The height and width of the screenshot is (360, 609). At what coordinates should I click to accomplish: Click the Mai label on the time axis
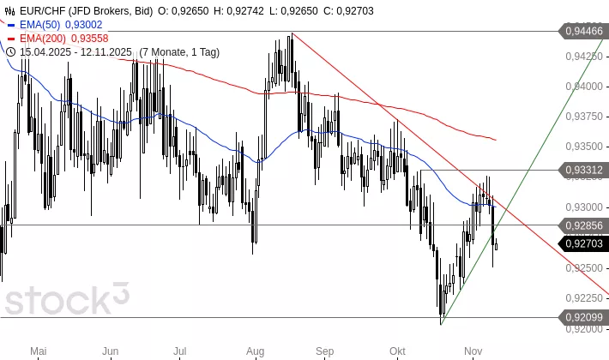point(37,351)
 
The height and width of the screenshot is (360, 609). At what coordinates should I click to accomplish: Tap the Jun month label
point(110,351)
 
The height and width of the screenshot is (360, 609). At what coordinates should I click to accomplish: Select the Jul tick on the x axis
point(180,351)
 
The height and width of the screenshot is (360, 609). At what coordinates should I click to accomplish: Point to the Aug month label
point(255,351)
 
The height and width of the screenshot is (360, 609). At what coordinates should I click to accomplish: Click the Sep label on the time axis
point(324,351)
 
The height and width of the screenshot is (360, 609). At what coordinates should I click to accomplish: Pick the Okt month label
point(396,351)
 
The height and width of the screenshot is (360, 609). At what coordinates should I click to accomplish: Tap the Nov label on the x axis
point(472,351)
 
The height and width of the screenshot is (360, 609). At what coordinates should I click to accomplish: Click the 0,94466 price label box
point(584,31)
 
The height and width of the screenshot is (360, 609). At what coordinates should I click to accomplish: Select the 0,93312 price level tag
point(584,171)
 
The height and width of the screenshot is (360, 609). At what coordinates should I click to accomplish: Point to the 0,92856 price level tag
point(584,225)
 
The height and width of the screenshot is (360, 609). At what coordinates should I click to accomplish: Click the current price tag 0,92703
point(584,243)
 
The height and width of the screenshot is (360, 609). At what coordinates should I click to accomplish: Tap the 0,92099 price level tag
point(584,317)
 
